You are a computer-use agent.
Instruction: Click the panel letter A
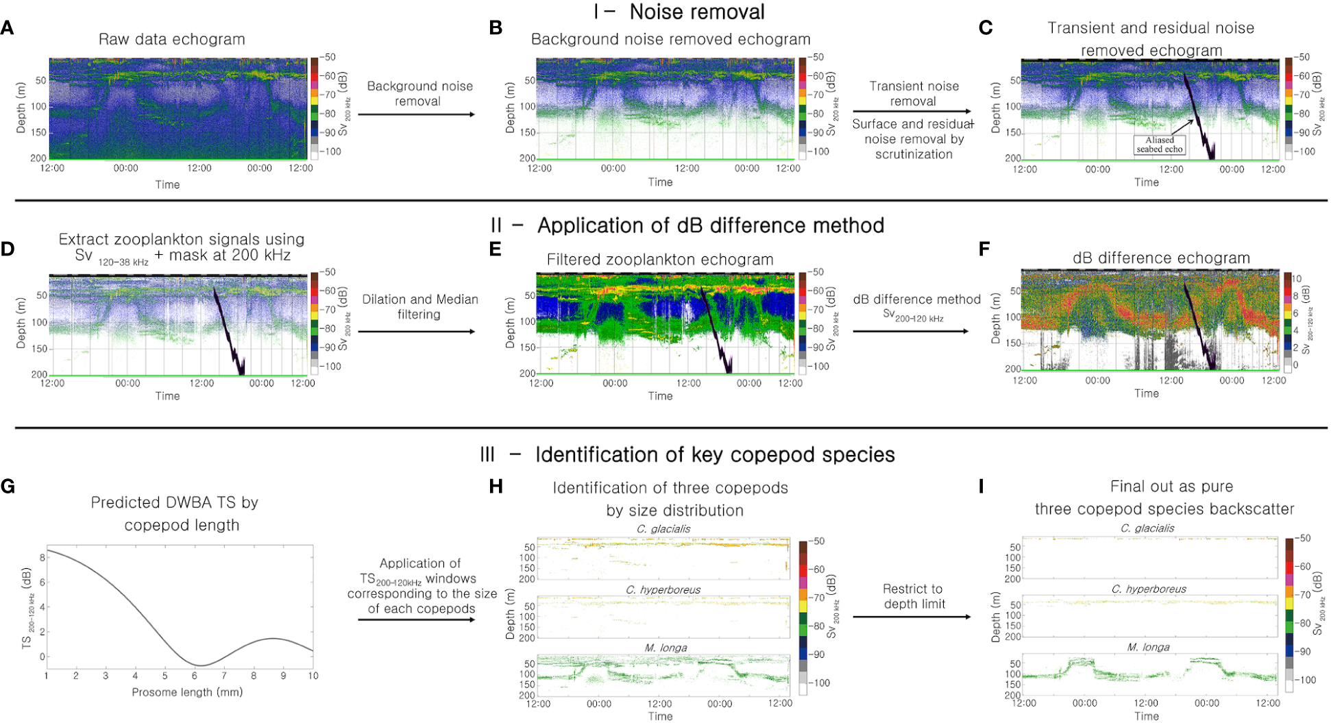[7, 28]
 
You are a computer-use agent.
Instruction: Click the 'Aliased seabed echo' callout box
[1159, 145]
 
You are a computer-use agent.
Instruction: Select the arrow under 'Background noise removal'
[416, 114]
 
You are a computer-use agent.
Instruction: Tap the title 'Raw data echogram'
[171, 39]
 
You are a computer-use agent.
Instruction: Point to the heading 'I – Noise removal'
[679, 12]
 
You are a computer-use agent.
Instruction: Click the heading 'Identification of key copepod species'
[715, 454]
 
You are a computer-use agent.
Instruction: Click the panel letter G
[8, 486]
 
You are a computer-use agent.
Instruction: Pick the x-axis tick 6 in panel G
[195, 676]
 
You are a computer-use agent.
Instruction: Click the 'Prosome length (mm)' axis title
[187, 692]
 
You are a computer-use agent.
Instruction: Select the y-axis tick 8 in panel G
[42, 558]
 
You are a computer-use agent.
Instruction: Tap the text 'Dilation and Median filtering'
[419, 306]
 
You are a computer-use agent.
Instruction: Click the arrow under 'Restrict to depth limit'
[912, 617]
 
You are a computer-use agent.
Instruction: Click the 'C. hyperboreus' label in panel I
[1149, 589]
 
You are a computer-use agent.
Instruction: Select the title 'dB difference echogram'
[1161, 258]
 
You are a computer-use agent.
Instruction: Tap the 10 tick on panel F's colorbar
[1296, 279]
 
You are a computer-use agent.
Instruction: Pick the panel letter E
[495, 249]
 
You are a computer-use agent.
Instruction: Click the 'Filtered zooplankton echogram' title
[659, 260]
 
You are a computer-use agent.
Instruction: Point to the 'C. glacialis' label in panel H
[663, 528]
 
